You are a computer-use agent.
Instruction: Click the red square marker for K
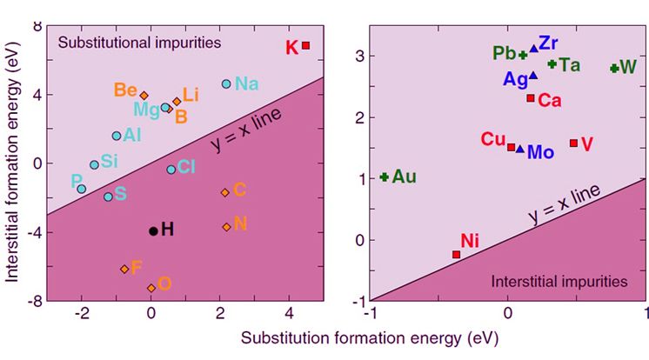(x=305, y=45)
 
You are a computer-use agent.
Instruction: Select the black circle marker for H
(x=153, y=230)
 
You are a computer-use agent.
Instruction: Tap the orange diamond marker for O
(x=151, y=288)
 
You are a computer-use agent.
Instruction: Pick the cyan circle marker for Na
(x=226, y=84)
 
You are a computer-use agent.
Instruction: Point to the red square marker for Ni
(x=456, y=254)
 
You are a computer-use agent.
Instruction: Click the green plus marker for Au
(x=384, y=177)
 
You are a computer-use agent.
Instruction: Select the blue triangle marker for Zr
(x=534, y=49)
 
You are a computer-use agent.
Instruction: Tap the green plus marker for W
(x=614, y=68)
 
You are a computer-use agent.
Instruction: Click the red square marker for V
(x=573, y=143)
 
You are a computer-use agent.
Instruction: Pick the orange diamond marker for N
(x=226, y=227)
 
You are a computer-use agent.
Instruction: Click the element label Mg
(x=145, y=109)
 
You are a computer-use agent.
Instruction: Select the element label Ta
(x=569, y=65)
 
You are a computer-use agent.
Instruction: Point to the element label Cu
(x=492, y=139)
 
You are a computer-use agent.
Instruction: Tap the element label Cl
(x=187, y=167)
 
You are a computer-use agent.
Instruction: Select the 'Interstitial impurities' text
(x=559, y=282)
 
